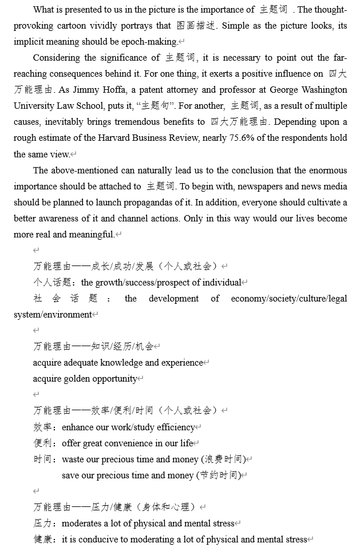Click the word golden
coord(90,379)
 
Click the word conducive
coord(94,540)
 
